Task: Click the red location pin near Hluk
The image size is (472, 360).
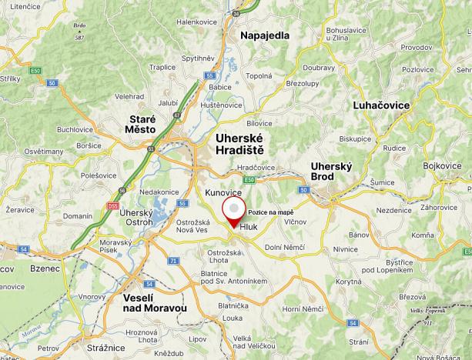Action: (x=234, y=210)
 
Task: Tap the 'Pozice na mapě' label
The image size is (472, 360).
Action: (x=270, y=212)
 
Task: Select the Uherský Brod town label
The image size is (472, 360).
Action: (x=330, y=172)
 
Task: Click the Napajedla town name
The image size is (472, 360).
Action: (x=265, y=36)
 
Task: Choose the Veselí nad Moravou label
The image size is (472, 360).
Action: (x=155, y=303)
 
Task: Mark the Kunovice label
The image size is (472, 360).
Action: (x=223, y=192)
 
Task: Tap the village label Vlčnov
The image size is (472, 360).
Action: (x=296, y=222)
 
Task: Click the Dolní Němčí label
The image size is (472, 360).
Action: (x=286, y=247)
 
